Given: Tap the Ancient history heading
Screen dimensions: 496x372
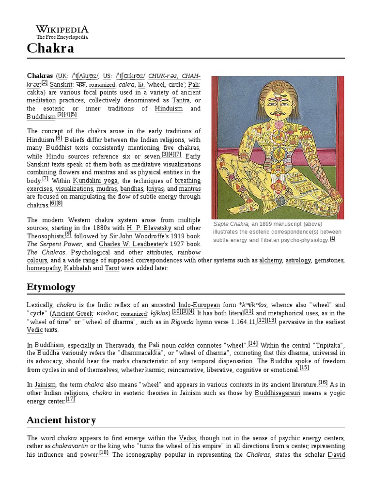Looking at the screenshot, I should [61, 420].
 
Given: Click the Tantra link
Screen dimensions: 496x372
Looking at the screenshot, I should [181, 100].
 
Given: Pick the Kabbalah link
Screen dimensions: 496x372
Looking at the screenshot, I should [77, 268].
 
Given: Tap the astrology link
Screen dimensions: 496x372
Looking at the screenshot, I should [298, 260].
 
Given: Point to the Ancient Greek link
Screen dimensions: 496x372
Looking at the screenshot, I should [74, 313].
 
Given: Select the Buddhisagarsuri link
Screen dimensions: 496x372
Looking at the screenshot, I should [277, 393].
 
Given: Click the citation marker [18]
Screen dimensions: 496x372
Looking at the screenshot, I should [104, 452].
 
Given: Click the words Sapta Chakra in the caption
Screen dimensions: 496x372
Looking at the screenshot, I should [231, 224].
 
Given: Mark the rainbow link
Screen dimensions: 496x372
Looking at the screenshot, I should [189, 252].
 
